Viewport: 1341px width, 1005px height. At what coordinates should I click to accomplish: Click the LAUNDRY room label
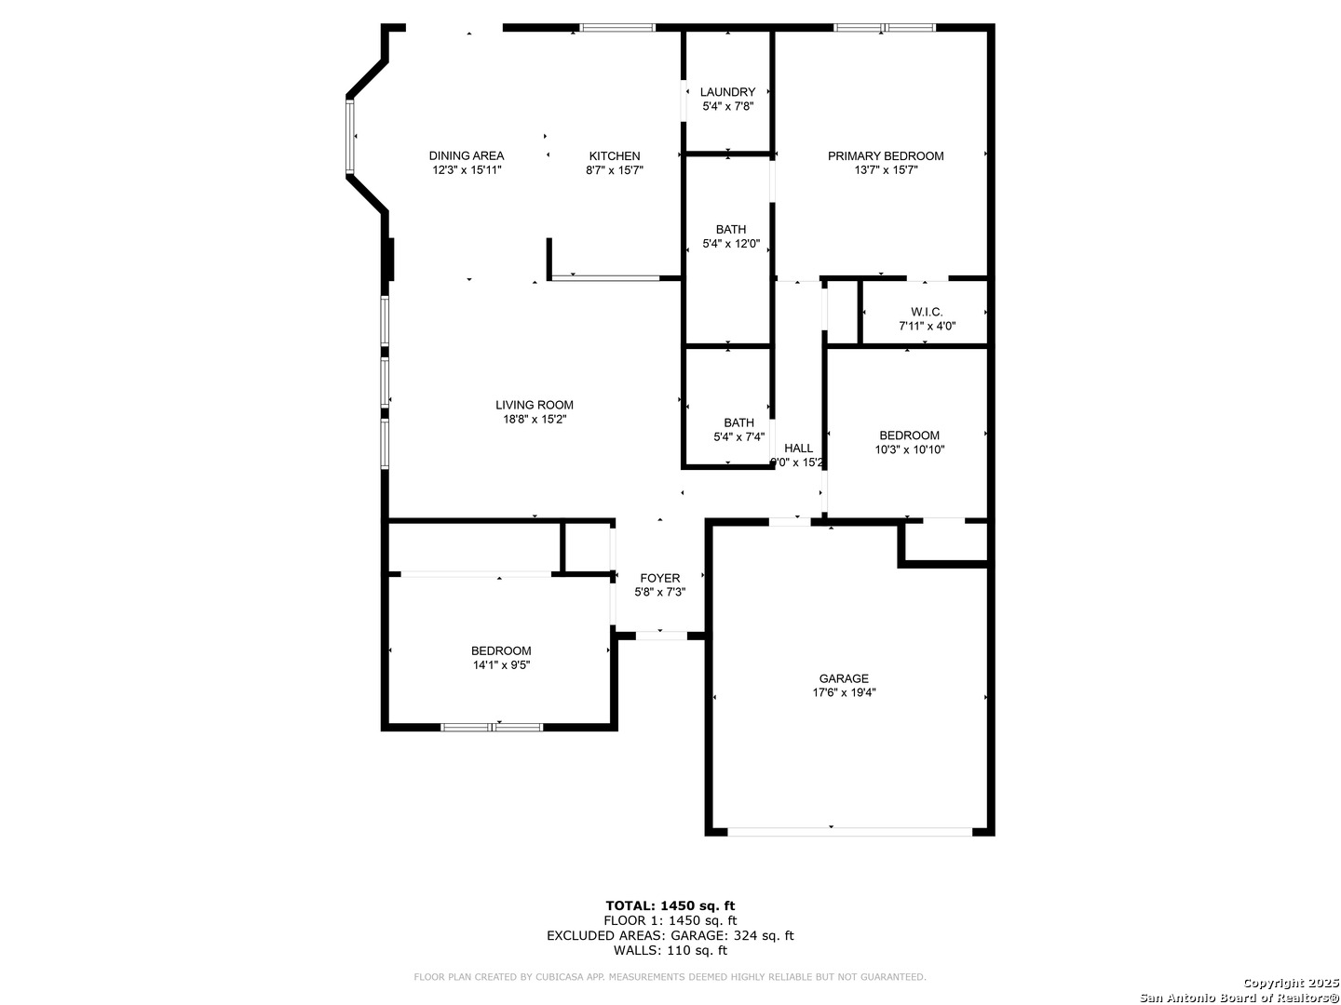tap(727, 92)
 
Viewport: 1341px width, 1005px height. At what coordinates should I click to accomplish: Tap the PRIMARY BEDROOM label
tap(886, 156)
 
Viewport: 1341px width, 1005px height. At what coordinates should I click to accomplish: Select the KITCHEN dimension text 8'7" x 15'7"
tap(614, 170)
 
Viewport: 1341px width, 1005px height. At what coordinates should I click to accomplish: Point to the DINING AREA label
tap(467, 156)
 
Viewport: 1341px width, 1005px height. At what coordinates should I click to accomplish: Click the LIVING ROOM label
tap(534, 405)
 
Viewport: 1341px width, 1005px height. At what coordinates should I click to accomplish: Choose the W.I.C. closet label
tap(927, 313)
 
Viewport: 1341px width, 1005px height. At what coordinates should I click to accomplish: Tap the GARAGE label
tap(844, 678)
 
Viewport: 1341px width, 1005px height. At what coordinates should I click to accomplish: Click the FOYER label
tap(660, 578)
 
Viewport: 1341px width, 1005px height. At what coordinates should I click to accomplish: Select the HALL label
tap(798, 449)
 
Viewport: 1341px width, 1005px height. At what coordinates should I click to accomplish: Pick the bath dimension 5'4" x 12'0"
tap(731, 244)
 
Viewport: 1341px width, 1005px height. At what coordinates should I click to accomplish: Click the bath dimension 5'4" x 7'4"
tap(738, 437)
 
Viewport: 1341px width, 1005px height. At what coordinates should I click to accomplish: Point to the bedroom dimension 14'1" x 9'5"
tap(501, 665)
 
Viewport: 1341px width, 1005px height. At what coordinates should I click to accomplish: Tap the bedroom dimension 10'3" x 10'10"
tap(909, 449)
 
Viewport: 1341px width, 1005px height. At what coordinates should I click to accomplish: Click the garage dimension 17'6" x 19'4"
tap(844, 692)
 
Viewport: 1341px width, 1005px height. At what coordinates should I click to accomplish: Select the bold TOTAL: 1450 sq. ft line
tap(670, 905)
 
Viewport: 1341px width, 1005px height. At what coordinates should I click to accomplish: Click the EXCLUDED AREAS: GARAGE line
tap(670, 935)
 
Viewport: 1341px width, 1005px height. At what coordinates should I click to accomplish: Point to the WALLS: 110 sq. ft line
tap(670, 950)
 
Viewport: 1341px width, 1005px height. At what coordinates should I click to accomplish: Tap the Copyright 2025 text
tap(1291, 983)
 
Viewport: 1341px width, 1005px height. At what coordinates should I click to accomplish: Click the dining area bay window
tap(350, 136)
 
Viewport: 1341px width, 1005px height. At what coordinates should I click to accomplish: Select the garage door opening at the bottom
tap(849, 832)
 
